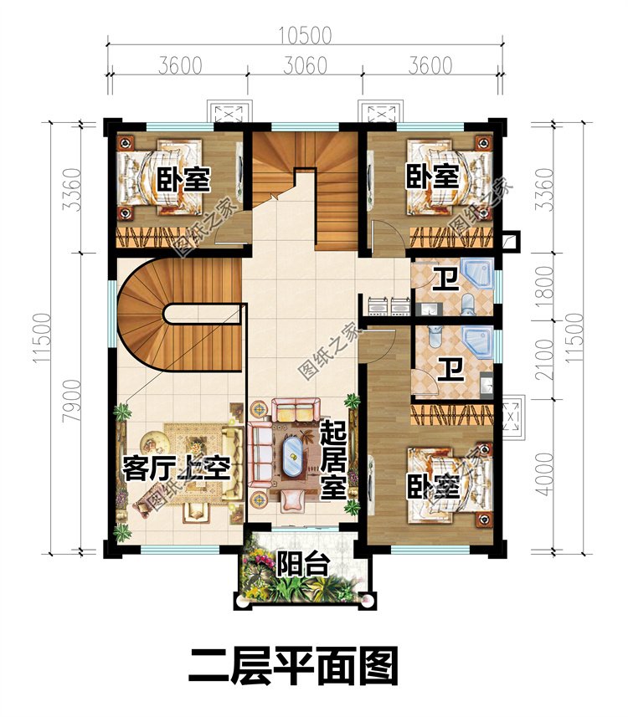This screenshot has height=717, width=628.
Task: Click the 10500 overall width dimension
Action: (x=305, y=36)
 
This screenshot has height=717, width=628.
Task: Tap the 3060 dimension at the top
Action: (x=305, y=66)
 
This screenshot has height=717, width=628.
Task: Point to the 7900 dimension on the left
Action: (x=73, y=401)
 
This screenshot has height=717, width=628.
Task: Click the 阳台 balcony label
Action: (x=302, y=564)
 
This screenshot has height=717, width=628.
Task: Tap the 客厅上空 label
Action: (x=176, y=468)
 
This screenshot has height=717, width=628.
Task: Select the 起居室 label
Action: (x=332, y=459)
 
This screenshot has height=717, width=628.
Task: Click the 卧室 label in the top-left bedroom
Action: (x=183, y=180)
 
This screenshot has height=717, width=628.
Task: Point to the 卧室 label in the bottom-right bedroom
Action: (x=433, y=487)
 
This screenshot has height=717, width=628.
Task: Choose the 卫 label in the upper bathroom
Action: (x=445, y=279)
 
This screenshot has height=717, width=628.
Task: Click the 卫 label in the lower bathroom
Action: (x=450, y=370)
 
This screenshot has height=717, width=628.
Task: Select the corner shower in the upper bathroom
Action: (x=478, y=274)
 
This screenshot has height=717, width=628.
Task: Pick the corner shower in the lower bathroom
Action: (x=478, y=341)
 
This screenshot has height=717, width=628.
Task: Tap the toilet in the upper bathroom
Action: (x=468, y=305)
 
